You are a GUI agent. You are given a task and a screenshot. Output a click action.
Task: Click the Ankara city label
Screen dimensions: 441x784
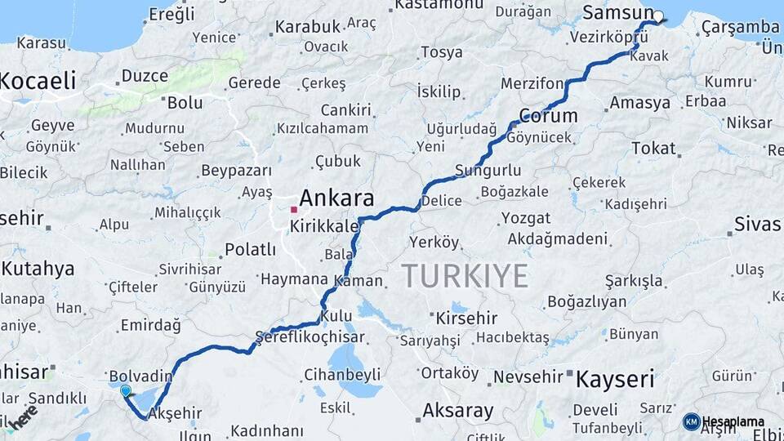(336, 198)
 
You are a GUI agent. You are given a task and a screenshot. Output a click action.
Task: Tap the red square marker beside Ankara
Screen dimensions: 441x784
(293, 209)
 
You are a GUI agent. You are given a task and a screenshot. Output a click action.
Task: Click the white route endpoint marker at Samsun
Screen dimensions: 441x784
(658, 16)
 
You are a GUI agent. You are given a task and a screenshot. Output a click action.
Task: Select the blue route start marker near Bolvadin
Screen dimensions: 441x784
(125, 391)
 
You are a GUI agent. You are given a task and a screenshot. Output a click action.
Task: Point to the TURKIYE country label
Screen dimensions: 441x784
(465, 277)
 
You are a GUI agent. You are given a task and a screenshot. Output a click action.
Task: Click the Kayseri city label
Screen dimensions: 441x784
(615, 379)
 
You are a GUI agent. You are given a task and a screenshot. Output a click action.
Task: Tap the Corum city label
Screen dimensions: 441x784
(549, 116)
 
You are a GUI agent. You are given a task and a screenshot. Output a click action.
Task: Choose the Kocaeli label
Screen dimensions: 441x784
(38, 81)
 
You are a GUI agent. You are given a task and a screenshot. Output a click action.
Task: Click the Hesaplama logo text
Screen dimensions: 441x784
(733, 421)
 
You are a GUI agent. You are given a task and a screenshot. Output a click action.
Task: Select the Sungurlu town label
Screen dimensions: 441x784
(488, 171)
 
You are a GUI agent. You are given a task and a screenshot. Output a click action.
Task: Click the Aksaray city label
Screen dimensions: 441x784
(457, 410)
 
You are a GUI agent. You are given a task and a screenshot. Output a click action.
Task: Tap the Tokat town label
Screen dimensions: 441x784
(653, 149)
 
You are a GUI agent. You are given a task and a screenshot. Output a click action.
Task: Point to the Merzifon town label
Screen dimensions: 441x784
(532, 84)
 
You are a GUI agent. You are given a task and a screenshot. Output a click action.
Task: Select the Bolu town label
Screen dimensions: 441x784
(185, 103)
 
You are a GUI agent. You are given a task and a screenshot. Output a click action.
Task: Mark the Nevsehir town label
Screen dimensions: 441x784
(530, 376)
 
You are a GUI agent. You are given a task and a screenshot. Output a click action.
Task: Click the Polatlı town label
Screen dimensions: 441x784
(250, 249)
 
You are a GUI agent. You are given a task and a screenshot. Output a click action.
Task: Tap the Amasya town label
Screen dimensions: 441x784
(640, 103)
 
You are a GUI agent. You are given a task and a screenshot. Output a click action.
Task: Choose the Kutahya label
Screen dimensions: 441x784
(38, 269)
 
